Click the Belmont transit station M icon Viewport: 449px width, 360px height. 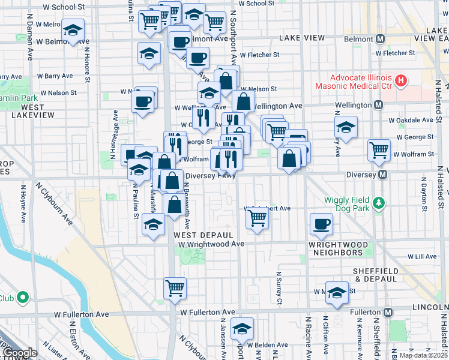point(379,40)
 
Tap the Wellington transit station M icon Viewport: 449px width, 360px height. point(379,105)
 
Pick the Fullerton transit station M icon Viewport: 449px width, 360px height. point(388,313)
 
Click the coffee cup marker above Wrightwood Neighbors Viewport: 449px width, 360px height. point(321,224)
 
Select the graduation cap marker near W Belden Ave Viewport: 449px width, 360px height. point(242,328)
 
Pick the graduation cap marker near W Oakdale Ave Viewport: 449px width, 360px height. point(346,127)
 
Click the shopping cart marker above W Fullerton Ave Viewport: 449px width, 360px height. point(175,287)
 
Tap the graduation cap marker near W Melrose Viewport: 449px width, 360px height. point(73,29)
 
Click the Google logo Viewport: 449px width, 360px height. point(19,353)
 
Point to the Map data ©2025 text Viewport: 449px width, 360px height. point(423,355)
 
